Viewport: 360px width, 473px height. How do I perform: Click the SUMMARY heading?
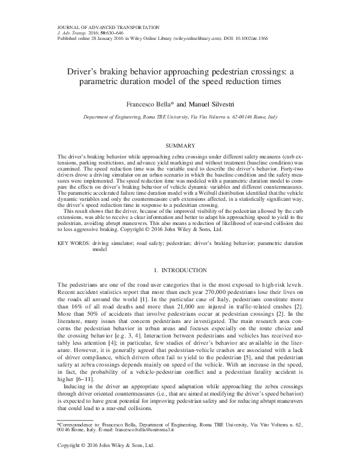pos(180,146)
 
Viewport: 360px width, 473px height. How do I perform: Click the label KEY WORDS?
pos(71,241)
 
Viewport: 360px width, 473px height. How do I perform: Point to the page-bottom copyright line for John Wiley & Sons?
pos(106,463)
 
